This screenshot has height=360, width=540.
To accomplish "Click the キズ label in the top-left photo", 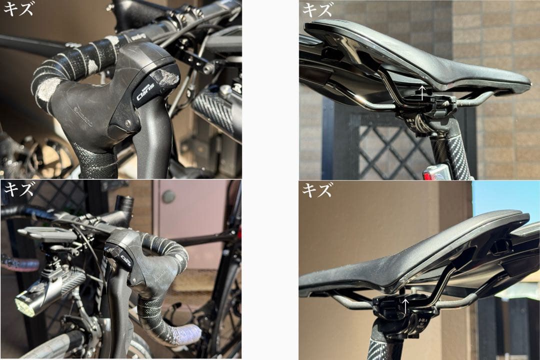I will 18,8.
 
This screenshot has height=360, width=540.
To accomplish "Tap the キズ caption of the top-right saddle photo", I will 317,9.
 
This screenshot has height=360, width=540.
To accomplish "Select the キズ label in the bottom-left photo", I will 18,189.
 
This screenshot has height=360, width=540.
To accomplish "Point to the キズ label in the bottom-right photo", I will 317,190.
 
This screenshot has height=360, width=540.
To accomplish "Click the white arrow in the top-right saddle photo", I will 421,91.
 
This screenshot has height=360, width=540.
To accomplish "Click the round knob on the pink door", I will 168,196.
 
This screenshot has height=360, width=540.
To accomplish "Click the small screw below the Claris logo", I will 128,122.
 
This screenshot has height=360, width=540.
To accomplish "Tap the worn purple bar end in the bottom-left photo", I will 187,334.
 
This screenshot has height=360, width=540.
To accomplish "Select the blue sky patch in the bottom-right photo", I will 505,200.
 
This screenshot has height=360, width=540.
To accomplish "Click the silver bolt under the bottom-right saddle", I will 414,290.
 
